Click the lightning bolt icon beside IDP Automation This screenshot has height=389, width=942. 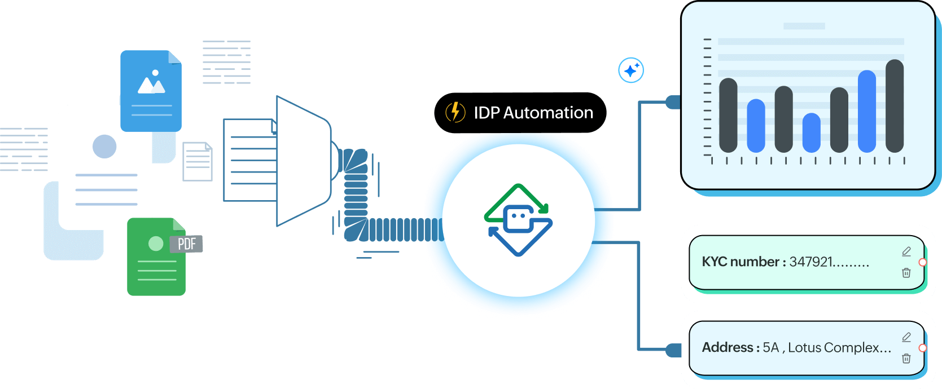[455, 112]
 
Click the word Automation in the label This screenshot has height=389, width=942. [548, 113]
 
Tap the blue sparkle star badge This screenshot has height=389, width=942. [630, 70]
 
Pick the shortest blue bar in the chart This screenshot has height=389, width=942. [811, 133]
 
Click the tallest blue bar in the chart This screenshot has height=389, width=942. [866, 111]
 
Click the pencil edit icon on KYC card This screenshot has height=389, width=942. [906, 251]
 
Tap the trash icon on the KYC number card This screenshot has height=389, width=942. [906, 273]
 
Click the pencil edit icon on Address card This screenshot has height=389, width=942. [906, 337]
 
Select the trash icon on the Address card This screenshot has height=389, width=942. [906, 359]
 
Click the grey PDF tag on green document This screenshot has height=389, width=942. [186, 244]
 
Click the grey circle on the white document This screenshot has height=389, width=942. [104, 147]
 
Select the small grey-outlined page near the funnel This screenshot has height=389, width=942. [198, 161]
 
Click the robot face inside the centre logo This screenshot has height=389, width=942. [518, 219]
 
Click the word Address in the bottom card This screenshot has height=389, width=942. [727, 347]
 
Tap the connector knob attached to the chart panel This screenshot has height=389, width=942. [673, 102]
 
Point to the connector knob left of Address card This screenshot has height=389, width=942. [673, 350]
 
